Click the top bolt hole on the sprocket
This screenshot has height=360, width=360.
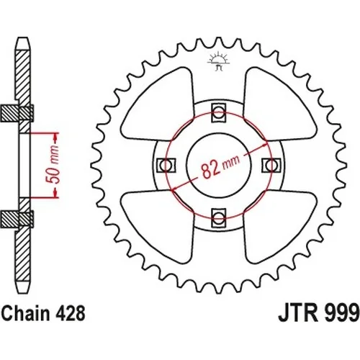tap(219, 112)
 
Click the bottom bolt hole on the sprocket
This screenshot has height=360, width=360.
tap(218, 218)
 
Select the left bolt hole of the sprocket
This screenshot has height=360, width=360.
tap(166, 166)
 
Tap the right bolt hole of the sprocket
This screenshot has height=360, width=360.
tap(271, 166)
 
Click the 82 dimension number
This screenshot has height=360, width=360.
tap(210, 171)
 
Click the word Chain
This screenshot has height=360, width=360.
tap(26, 313)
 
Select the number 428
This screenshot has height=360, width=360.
tap(71, 313)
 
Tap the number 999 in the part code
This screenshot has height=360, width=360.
tap(341, 313)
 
